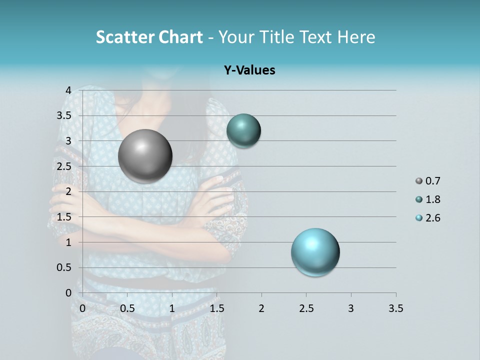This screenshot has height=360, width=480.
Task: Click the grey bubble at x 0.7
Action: pyautogui.click(x=145, y=156)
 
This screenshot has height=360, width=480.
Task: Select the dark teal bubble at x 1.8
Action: pyautogui.click(x=243, y=130)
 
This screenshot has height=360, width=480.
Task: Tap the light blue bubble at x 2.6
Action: pyautogui.click(x=315, y=252)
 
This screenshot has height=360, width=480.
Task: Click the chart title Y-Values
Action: pyautogui.click(x=249, y=70)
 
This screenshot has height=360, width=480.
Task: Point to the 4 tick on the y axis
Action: pyautogui.click(x=69, y=90)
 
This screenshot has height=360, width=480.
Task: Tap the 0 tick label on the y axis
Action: pyautogui.click(x=69, y=293)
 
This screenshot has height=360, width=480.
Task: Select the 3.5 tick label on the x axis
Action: pyautogui.click(x=395, y=308)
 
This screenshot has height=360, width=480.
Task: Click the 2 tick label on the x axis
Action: pyautogui.click(x=261, y=308)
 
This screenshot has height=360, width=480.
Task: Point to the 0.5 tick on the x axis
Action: pyautogui.click(x=127, y=308)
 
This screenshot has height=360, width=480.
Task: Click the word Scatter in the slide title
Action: pyautogui.click(x=124, y=37)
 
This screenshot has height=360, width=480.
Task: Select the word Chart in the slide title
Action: pyautogui.click(x=180, y=37)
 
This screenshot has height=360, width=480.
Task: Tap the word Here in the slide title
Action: pyautogui.click(x=355, y=37)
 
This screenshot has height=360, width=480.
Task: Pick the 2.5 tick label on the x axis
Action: pyautogui.click(x=306, y=308)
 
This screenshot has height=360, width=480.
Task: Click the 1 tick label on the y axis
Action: pyautogui.click(x=69, y=242)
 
